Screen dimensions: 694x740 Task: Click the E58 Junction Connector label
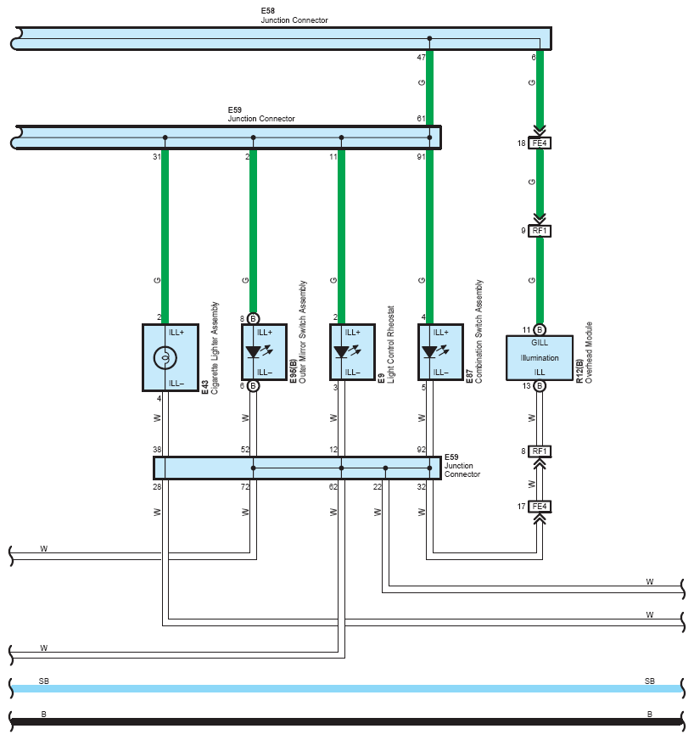click(x=294, y=15)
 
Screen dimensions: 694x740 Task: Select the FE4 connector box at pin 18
click(x=540, y=143)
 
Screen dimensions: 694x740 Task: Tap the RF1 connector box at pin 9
click(x=540, y=231)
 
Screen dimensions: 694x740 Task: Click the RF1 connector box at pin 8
click(x=540, y=451)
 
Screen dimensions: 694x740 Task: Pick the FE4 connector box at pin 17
click(x=540, y=507)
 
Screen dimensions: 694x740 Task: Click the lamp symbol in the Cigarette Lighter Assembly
click(x=165, y=358)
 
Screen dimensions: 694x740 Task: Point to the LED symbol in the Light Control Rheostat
click(x=347, y=351)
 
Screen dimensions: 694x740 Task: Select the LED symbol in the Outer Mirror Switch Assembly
click(x=259, y=351)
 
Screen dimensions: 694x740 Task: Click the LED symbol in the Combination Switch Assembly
click(x=435, y=351)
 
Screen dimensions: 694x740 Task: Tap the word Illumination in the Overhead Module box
click(x=540, y=358)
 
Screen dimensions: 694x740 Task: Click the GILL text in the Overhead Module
click(x=540, y=343)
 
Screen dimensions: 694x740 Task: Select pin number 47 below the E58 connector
click(x=421, y=58)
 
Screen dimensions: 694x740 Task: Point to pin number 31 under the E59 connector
click(x=157, y=157)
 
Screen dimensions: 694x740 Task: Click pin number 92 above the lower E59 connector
click(x=421, y=450)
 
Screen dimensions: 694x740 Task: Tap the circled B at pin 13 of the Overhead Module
click(x=540, y=386)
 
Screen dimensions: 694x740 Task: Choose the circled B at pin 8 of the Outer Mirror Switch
click(x=254, y=318)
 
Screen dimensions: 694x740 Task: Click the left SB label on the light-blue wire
click(x=44, y=681)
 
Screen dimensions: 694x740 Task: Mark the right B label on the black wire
click(x=650, y=714)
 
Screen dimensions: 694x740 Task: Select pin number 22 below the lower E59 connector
click(x=377, y=486)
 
